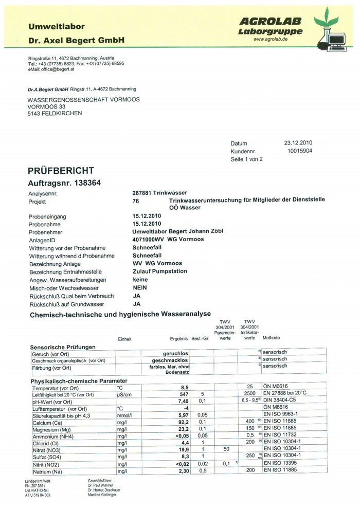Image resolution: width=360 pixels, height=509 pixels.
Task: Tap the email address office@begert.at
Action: [58, 68]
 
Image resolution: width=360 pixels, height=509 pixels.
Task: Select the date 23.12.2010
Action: [298, 143]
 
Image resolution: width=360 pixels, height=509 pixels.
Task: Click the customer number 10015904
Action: [300, 151]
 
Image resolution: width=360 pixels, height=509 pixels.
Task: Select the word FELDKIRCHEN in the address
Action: [62, 113]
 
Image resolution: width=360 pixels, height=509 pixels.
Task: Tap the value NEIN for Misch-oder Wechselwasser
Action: [140, 288]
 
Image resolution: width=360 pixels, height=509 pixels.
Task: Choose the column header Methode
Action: [271, 338]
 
